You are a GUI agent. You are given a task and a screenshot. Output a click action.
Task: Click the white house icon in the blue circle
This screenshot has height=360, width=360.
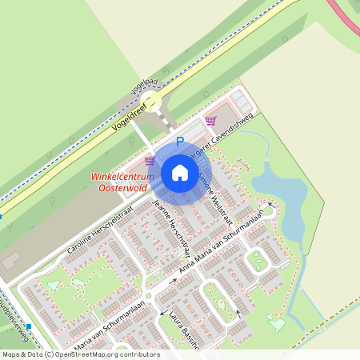pyautogui.click(x=180, y=172)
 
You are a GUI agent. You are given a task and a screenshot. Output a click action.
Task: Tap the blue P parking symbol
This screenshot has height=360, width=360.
pyautogui.click(x=180, y=142)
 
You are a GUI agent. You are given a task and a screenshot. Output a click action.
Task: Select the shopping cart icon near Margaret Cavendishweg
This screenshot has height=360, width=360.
pyautogui.click(x=210, y=121)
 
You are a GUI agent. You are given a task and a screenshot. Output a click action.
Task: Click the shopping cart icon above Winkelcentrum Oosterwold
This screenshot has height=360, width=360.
pyautogui.click(x=149, y=160)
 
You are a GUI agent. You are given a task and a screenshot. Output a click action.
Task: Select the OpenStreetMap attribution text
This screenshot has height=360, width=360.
pyautogui.click(x=80, y=354)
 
